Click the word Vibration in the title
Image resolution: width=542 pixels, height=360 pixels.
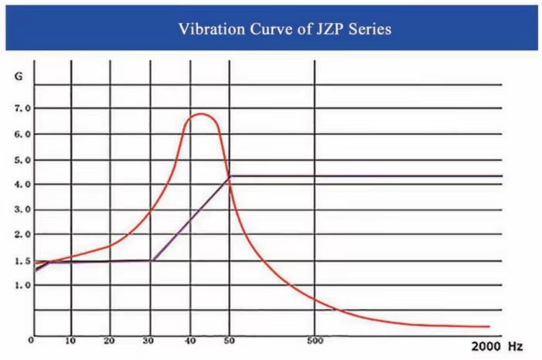tap(208, 29)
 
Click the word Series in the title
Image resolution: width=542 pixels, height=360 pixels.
tap(368, 29)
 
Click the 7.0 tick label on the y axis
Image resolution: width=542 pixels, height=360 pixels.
tap(22, 108)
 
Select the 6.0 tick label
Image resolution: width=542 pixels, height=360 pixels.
tap(22, 134)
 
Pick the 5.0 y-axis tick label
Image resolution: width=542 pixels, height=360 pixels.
tap(22, 160)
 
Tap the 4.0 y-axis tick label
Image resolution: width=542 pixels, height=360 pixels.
tap(22, 185)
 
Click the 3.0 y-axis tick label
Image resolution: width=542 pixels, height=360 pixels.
tap(22, 209)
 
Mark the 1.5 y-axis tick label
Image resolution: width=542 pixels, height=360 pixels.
tap(22, 261)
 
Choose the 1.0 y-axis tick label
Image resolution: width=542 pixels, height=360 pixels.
tap(22, 286)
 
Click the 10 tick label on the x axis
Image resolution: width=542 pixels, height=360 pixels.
tap(70, 341)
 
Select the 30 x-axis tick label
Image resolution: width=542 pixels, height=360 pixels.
tap(150, 341)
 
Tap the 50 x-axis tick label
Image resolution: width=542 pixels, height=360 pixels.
tap(229, 341)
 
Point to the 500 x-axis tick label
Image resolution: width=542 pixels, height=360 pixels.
tap(315, 340)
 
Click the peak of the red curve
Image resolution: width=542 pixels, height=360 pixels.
tap(199, 114)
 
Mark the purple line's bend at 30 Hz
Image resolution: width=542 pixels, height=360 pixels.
tap(152, 260)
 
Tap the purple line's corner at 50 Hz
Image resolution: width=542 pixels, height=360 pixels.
tap(230, 177)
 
